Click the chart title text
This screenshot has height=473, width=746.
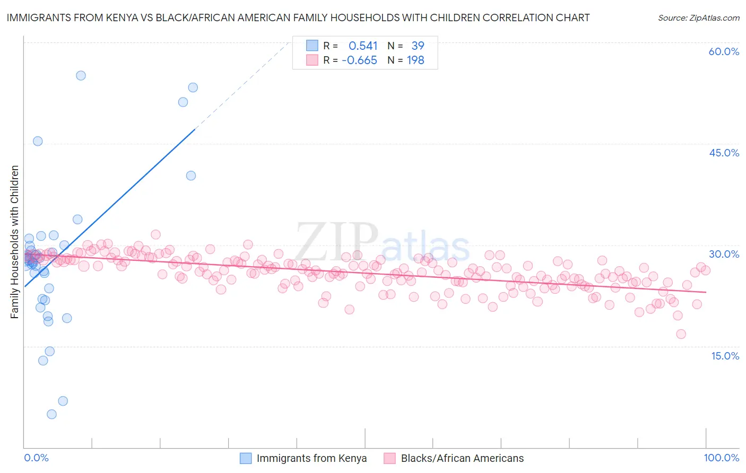[298, 17]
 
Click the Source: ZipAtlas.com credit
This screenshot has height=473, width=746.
[698, 17]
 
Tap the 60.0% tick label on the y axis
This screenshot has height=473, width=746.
[724, 51]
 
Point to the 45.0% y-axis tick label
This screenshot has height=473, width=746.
[724, 153]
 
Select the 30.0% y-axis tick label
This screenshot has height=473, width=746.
[724, 254]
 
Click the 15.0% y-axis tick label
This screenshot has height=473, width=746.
[725, 356]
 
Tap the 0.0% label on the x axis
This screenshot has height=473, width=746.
[36, 458]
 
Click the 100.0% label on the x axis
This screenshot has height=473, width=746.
[721, 458]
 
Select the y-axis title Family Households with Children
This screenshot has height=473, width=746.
[14, 242]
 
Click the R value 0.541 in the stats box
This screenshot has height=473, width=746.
[363, 46]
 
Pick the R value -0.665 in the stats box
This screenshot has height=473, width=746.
[359, 60]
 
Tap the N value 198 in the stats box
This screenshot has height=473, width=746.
[415, 60]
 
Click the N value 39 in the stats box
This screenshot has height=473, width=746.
[418, 46]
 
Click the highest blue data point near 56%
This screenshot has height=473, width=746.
[81, 75]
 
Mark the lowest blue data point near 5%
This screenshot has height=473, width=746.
[51, 414]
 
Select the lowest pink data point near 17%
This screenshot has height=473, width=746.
[681, 334]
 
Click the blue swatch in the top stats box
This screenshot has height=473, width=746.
[312, 46]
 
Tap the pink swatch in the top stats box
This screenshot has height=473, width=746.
[312, 60]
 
